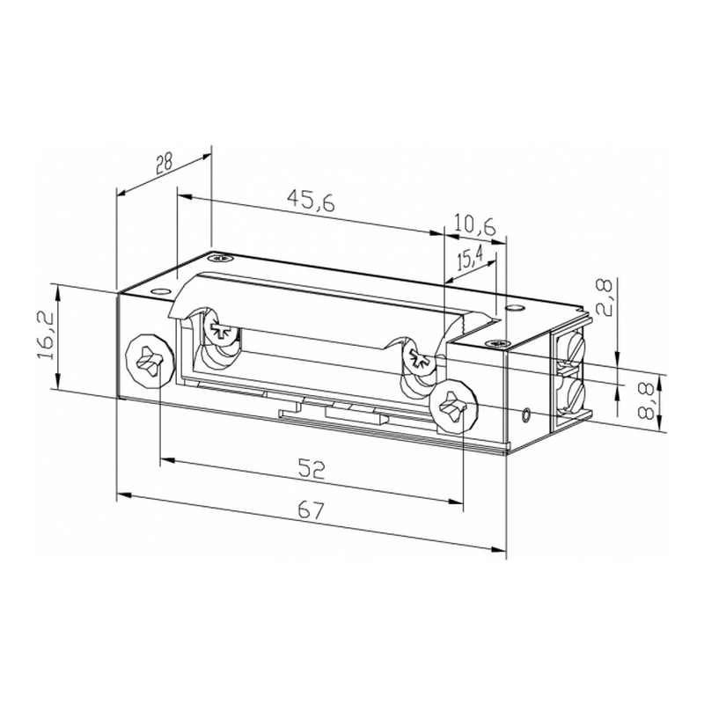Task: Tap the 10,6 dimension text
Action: coord(475,225)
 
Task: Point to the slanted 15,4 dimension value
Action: coord(470,259)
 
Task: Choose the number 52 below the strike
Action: coord(311,469)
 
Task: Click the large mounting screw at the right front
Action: coord(455,408)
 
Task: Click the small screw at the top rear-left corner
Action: coord(219,259)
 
